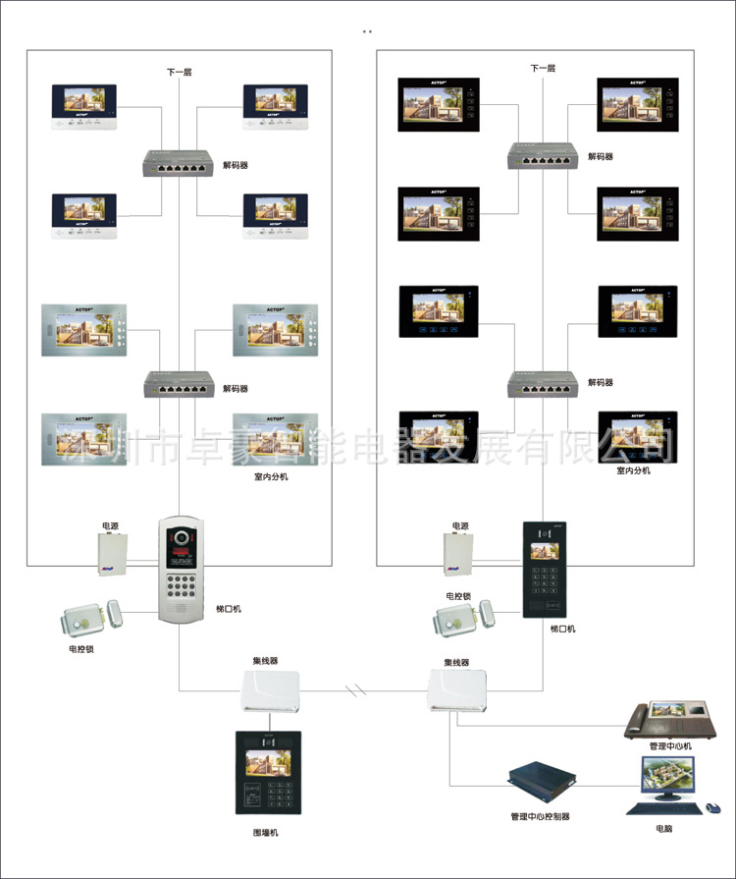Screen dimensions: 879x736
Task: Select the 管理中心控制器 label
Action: click(x=540, y=816)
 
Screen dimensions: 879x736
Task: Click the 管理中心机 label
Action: click(x=670, y=746)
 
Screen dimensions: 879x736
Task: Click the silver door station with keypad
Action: click(x=186, y=568)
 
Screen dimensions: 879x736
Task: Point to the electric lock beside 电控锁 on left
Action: click(x=92, y=619)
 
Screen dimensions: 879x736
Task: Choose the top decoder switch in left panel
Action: click(x=178, y=164)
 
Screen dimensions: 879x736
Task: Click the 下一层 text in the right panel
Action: click(x=543, y=69)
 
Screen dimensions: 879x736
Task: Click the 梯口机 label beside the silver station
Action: click(x=229, y=609)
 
